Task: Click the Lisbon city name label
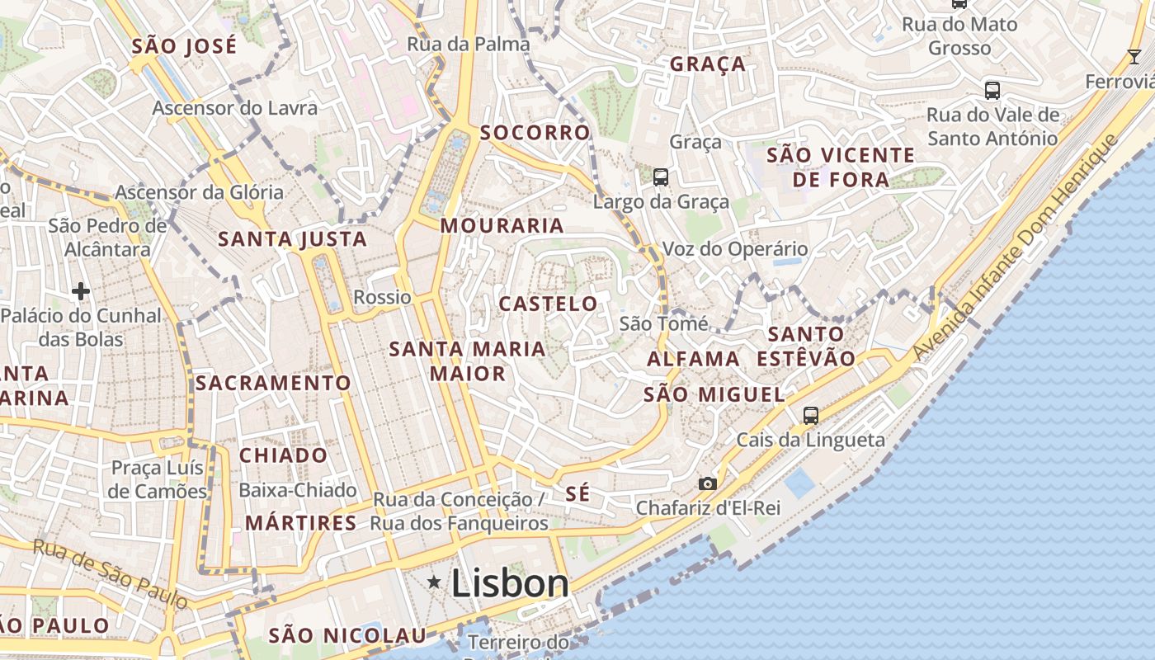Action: (510, 584)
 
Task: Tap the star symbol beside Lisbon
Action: (434, 582)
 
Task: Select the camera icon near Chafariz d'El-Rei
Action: (707, 483)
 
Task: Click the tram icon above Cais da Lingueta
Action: (811, 416)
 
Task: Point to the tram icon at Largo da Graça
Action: (660, 177)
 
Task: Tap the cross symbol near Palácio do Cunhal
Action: (80, 290)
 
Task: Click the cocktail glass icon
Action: (1134, 57)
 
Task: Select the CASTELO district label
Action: (548, 304)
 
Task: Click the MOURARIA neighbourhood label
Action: (502, 225)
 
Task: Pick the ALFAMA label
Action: (693, 359)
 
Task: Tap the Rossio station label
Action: (382, 297)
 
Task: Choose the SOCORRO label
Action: (535, 133)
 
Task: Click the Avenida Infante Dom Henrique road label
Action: (1014, 247)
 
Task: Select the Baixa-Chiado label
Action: (297, 490)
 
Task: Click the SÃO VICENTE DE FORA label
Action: (841, 167)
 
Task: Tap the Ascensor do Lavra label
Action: (234, 108)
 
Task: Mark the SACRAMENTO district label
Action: (273, 383)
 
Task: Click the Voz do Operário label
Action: (735, 248)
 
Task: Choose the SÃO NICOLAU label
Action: (347, 635)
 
